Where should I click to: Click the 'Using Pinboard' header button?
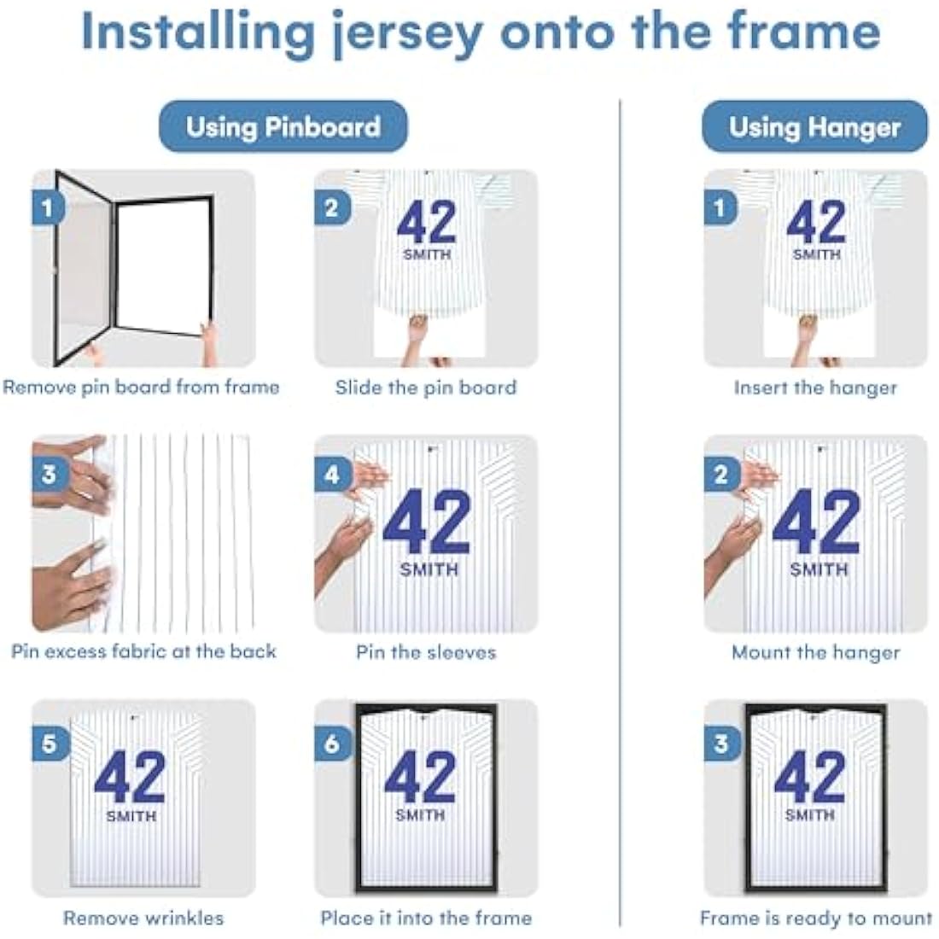tap(283, 126)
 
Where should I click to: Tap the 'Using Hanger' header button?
tap(814, 126)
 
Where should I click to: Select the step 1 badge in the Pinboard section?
tap(47, 207)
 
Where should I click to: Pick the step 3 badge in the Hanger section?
tap(720, 744)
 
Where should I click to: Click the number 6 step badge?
tap(331, 744)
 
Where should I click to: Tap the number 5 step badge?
tap(49, 744)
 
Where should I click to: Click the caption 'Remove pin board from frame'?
tap(142, 388)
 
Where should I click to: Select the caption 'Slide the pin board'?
tap(426, 388)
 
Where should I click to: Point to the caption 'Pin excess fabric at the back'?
tap(143, 651)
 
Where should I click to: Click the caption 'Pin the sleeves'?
tap(426, 651)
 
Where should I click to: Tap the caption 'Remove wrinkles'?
tap(143, 918)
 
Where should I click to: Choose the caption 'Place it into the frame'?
tap(426, 918)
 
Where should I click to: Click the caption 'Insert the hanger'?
tap(815, 388)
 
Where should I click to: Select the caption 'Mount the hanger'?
tap(815, 651)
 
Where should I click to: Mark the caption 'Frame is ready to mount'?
tap(815, 918)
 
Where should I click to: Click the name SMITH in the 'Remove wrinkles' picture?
tap(131, 815)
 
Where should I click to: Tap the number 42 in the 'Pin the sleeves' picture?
tap(426, 522)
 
